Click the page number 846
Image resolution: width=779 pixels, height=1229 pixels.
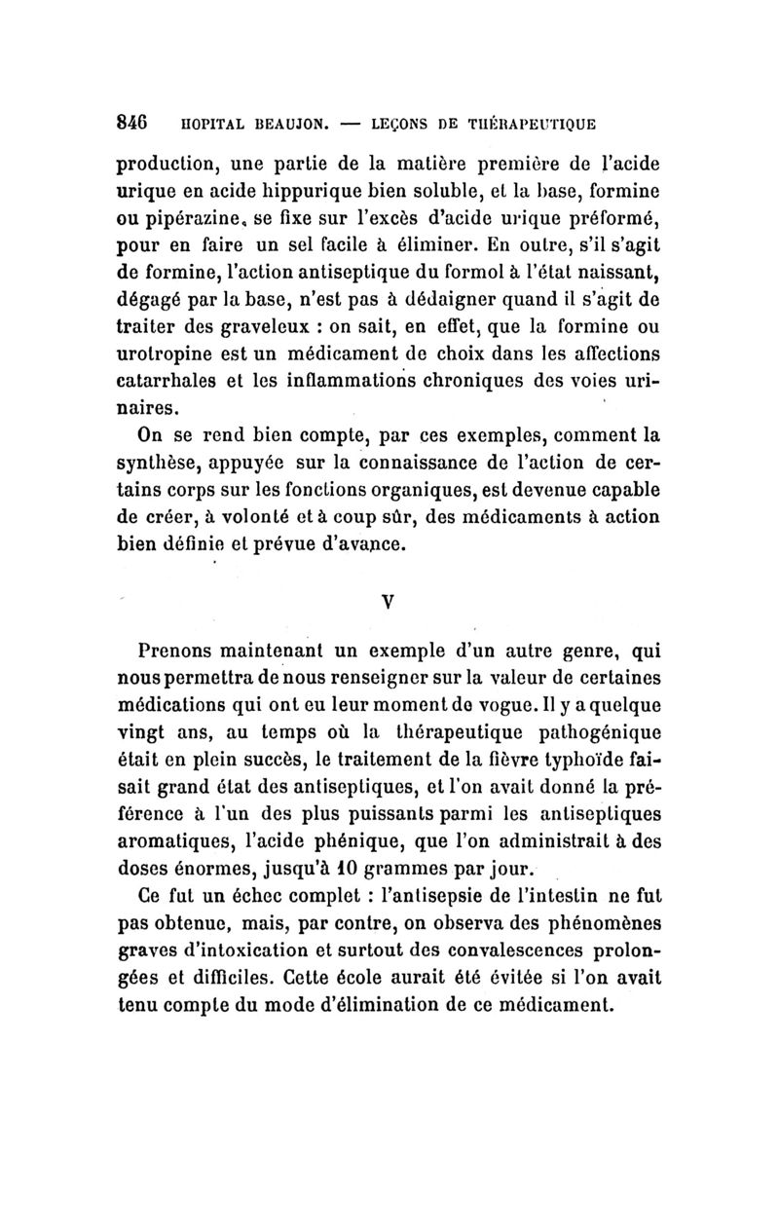(x=132, y=124)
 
